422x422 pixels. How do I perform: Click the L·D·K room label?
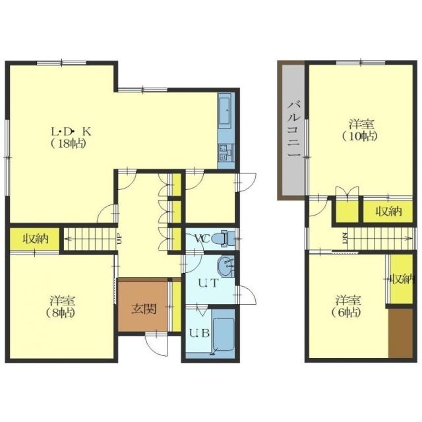point(71,132)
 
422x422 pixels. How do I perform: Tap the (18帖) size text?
point(69,144)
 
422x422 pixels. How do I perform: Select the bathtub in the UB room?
point(223,334)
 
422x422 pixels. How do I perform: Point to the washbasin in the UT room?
point(226,266)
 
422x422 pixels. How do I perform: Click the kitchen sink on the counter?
point(224,111)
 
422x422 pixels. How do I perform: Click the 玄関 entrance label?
point(144,309)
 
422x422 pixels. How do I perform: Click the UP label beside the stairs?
point(120,239)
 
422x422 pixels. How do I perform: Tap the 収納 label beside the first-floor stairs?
point(35,239)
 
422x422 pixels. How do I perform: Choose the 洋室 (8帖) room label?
point(61,306)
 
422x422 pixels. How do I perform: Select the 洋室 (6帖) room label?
point(348,306)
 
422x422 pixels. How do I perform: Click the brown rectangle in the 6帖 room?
point(400,334)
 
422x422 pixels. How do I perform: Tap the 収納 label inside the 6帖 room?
point(402,279)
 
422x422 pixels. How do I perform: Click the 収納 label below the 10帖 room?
point(388,212)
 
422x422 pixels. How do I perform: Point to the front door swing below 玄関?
point(156,345)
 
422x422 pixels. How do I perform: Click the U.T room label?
point(208,283)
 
